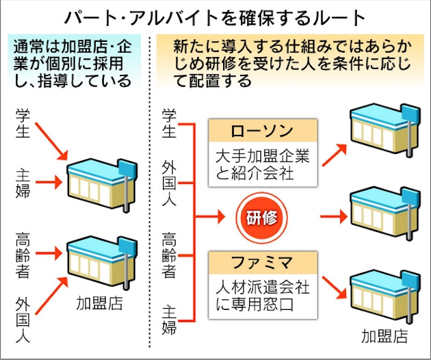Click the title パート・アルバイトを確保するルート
(x=215, y=16)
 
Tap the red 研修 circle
(x=262, y=217)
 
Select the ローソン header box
(x=262, y=132)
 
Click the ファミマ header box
(x=262, y=260)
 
